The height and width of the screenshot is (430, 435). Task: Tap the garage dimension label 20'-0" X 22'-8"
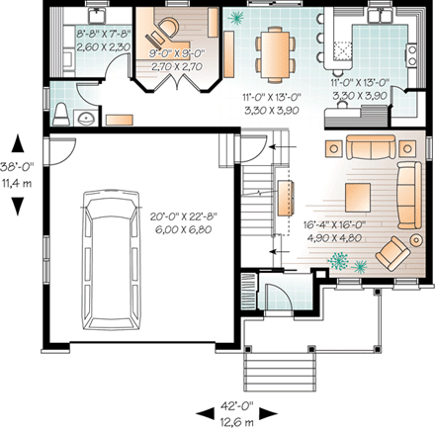pyautogui.click(x=177, y=219)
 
